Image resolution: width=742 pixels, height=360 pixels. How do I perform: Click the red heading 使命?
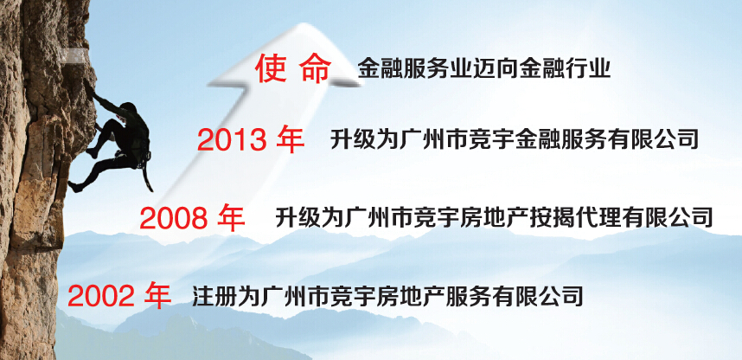(x=293, y=69)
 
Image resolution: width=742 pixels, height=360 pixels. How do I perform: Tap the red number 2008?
(x=173, y=218)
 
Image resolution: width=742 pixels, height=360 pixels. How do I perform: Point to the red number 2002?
(x=101, y=297)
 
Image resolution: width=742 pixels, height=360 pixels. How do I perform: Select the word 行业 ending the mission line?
(x=594, y=69)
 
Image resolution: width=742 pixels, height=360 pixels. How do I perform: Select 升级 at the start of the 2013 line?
(x=349, y=139)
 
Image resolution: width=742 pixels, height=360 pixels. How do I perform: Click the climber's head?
(x=128, y=109)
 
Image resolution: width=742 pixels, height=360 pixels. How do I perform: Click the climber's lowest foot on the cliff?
(x=74, y=187)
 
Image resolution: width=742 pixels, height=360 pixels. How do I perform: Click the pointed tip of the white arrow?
(x=305, y=23)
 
